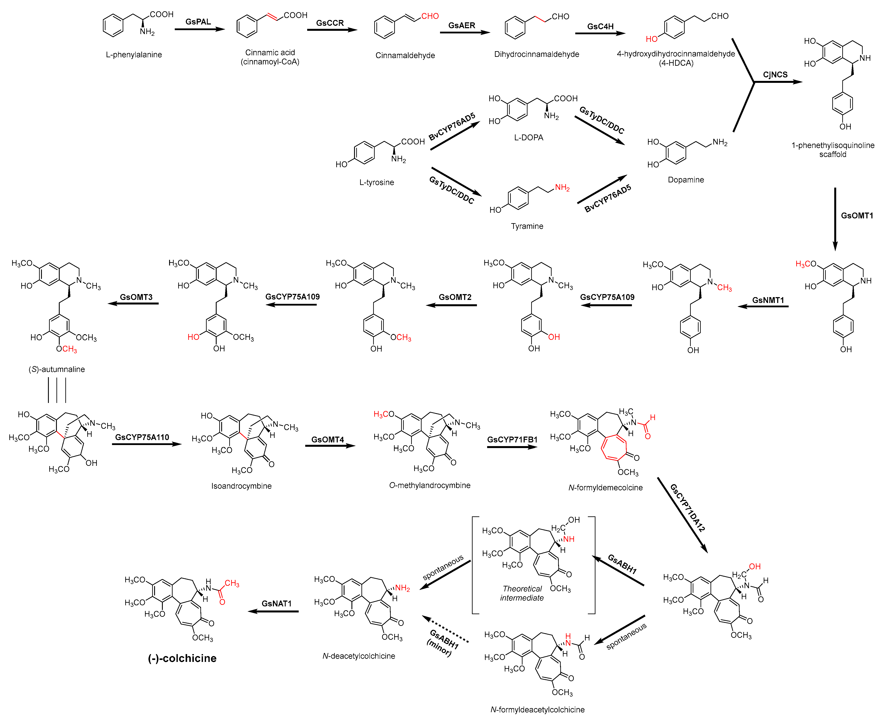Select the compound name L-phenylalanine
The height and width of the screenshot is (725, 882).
point(134,55)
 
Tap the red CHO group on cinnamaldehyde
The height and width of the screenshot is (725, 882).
point(430,16)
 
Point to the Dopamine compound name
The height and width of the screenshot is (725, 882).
point(686,180)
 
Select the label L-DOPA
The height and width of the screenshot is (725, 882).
point(528,138)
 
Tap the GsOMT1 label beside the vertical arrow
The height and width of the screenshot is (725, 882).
point(857,216)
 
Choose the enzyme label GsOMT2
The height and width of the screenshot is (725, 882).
point(455,297)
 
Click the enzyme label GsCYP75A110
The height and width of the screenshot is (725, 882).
point(142,437)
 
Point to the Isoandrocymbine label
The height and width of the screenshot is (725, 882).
point(241,486)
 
